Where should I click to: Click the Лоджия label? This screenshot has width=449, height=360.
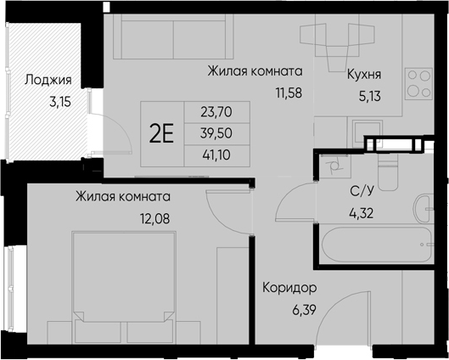coord(47,82)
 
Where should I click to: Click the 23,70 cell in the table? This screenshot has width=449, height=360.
coord(216,110)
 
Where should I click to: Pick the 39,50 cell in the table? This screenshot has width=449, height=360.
coord(216,132)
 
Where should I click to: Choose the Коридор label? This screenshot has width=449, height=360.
coord(289,287)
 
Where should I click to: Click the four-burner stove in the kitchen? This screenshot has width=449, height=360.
coord(418,83)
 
